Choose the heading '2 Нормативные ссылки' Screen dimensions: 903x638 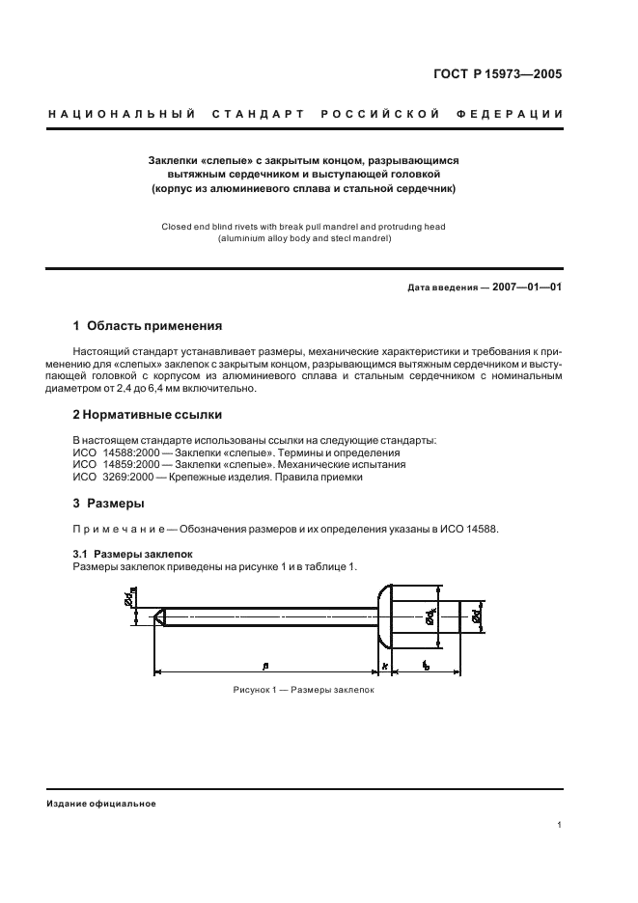click(148, 415)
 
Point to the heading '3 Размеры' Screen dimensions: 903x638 click(109, 504)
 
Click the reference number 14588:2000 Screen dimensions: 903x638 click(131, 451)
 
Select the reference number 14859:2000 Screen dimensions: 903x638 click(131, 464)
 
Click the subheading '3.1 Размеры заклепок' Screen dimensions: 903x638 click(133, 555)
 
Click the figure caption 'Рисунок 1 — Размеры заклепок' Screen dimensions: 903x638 click(302, 691)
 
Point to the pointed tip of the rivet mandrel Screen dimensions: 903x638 click(159, 615)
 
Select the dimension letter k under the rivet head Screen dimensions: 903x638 click(384, 666)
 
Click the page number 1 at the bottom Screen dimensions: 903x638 click(560, 824)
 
